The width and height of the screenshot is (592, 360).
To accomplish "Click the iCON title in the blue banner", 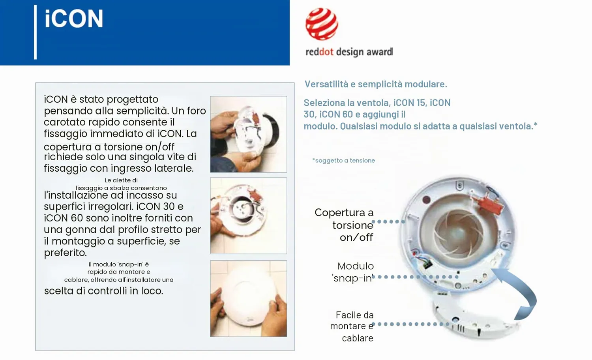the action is [x=74, y=19].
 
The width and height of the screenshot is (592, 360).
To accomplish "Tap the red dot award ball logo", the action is [x=322, y=24].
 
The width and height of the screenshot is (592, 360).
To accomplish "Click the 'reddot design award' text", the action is [x=349, y=52].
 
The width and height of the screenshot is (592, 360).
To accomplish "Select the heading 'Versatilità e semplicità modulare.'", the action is [x=376, y=84].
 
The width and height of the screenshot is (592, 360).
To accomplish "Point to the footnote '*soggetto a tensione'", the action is [x=344, y=160].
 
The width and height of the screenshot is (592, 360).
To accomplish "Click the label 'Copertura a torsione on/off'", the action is [x=344, y=225].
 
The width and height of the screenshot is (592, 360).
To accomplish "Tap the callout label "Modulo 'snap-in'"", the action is [x=352, y=272].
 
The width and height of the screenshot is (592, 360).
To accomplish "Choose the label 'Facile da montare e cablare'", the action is [x=352, y=326].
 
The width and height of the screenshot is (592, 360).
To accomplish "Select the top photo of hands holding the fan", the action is [x=248, y=134].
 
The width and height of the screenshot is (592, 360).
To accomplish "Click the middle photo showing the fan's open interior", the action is [x=248, y=216].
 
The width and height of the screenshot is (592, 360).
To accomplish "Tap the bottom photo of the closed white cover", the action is [x=248, y=299].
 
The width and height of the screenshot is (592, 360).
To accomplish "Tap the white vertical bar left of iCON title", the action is [x=36, y=32].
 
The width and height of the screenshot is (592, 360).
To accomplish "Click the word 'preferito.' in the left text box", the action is [x=65, y=253].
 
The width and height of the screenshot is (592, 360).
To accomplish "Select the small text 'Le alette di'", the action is [x=121, y=180].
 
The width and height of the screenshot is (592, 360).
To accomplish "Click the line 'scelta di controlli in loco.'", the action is [x=103, y=291].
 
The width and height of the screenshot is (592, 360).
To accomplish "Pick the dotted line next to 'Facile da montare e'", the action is [x=410, y=324].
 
